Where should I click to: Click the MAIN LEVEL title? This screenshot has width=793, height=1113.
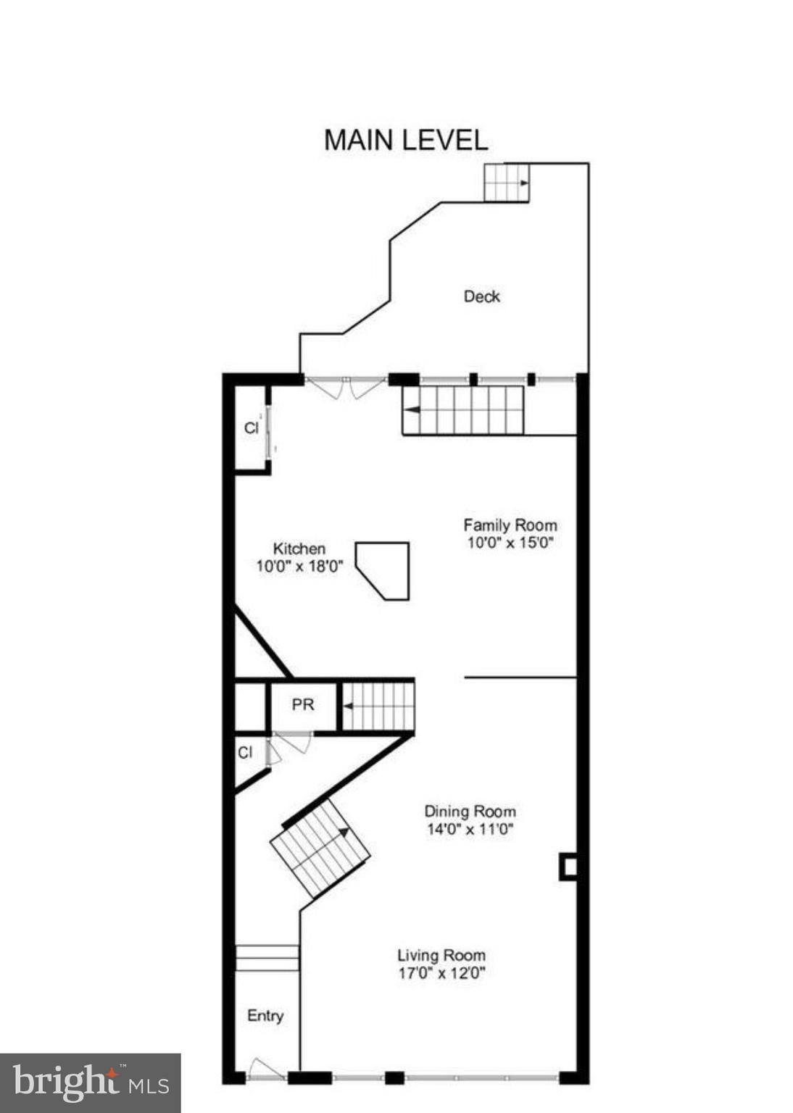pos(405,140)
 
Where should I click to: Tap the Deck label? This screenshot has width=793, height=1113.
pos(481,296)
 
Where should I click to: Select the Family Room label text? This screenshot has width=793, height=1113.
pos(510,525)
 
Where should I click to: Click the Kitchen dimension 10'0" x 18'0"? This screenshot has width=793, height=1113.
pos(299,566)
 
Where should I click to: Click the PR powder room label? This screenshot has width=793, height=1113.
pos(303,704)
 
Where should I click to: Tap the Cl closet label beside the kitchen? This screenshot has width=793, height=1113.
pos(251,428)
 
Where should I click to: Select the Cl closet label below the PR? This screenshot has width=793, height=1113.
pos(245,753)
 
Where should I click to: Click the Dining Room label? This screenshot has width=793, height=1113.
pos(470,812)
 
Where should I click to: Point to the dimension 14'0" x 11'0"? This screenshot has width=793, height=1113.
pos(470,829)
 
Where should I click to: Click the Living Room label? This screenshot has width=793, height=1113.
pos(441,955)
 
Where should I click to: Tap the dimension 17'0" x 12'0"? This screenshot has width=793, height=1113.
pos(441,972)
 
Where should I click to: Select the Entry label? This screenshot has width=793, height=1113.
pos(265,1016)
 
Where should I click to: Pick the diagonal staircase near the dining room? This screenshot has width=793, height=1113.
pos(320,849)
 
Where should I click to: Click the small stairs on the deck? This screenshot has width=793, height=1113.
pos(506,182)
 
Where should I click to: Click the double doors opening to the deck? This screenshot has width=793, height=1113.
pos(346,388)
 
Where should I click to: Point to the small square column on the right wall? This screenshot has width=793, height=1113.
pos(568,867)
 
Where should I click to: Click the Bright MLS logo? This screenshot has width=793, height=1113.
pos(90,1083)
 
